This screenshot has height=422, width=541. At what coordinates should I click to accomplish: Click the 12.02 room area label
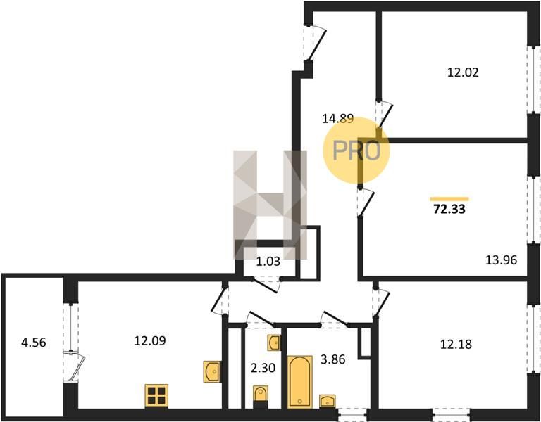click(x=463, y=72)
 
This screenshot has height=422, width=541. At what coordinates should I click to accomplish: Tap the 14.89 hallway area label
click(x=338, y=119)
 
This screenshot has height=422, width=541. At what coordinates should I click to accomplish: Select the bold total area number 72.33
click(x=449, y=209)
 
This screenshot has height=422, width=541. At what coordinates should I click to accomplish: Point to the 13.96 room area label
click(x=502, y=260)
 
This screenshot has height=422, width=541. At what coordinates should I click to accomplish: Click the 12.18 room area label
click(x=456, y=344)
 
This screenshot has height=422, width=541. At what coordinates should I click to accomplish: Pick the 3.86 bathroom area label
click(x=333, y=359)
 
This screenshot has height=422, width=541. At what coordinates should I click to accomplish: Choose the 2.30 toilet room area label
click(x=263, y=368)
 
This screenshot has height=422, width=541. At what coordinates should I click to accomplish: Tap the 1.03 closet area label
click(x=268, y=262)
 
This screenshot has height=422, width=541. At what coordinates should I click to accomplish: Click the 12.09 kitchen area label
click(x=150, y=341)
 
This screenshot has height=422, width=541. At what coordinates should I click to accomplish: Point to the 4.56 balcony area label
click(x=34, y=343)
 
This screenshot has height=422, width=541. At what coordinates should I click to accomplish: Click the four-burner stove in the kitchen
click(x=156, y=395)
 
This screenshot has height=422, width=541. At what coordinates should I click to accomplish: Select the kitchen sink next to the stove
click(x=212, y=371)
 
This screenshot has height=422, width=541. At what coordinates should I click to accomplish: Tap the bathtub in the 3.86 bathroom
click(x=300, y=382)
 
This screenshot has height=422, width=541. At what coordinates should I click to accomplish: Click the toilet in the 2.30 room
click(x=260, y=397)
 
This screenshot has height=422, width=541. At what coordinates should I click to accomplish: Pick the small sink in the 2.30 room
click(x=274, y=343)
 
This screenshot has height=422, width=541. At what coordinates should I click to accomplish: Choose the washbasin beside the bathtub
click(x=327, y=401)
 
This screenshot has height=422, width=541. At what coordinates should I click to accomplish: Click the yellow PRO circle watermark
click(x=356, y=151)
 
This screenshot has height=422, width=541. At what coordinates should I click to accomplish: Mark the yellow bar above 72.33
click(x=449, y=199)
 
